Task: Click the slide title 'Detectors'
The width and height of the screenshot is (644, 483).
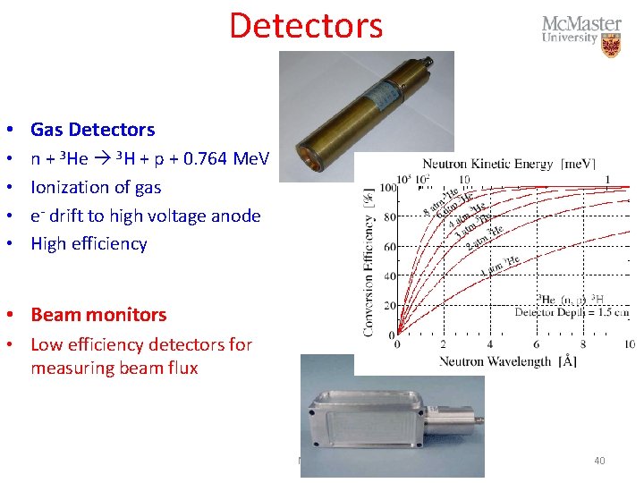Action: point(306,25)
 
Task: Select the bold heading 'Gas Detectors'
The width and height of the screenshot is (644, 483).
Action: point(92,130)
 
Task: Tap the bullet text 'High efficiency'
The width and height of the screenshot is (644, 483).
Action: point(89,243)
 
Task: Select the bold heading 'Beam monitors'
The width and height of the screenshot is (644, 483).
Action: point(98,315)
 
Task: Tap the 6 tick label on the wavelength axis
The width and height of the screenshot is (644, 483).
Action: point(536,345)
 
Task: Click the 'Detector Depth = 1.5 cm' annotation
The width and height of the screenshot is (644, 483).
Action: point(572,312)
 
